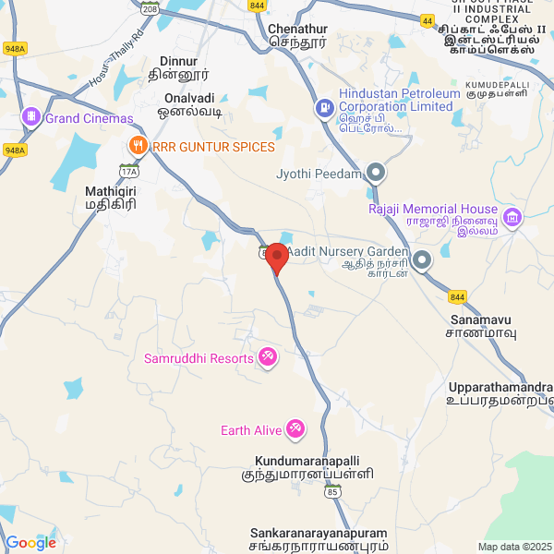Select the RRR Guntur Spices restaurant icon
click(138, 146)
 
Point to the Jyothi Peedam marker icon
click(376, 173)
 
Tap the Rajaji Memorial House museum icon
click(512, 218)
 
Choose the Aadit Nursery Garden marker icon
click(422, 259)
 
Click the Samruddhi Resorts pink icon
click(268, 356)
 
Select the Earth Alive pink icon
click(295, 429)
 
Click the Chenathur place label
click(298, 29)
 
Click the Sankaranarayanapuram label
click(318, 533)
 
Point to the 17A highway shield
click(127, 170)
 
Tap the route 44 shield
click(427, 19)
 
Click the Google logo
click(30, 543)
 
